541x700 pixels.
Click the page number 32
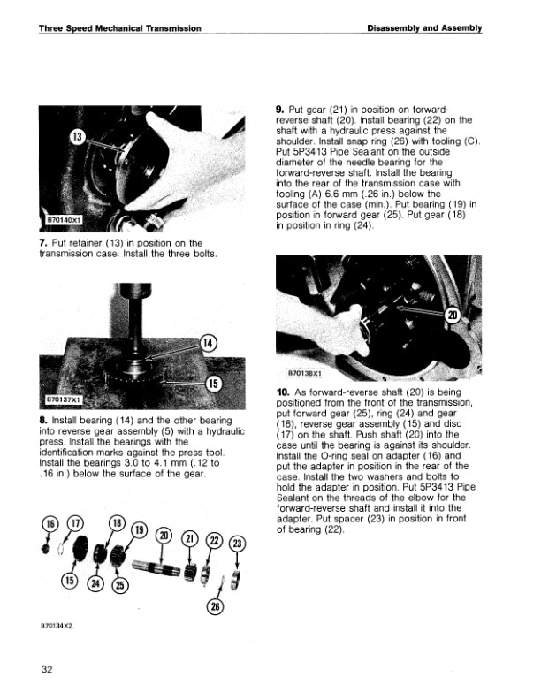(x=47, y=668)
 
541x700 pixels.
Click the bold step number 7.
(x=43, y=242)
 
